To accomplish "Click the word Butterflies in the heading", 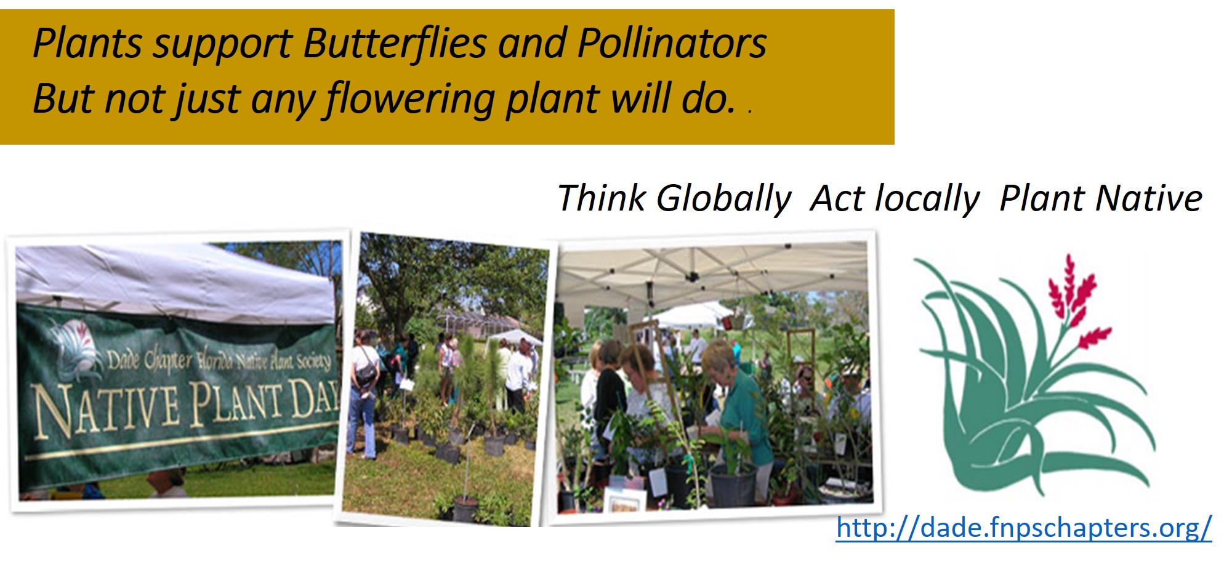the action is point(395,43).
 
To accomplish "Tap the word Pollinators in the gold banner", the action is point(672,43).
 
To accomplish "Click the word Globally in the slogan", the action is point(723,199).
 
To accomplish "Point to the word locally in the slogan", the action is point(928,199).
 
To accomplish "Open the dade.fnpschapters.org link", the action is point(1024,528).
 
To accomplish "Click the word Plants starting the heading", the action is point(87,43).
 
